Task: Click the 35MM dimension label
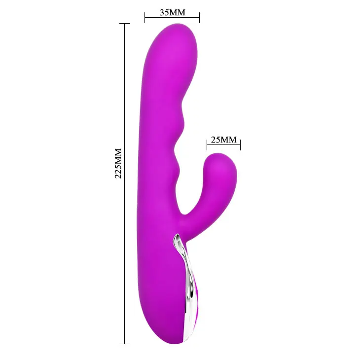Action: [172, 12]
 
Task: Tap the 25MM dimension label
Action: [223, 140]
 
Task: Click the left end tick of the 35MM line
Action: [144, 19]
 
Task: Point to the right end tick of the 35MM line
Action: [199, 19]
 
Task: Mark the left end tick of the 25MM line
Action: [207, 144]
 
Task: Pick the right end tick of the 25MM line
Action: [240, 144]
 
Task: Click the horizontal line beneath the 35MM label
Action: [172, 19]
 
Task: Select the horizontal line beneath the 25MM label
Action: [223, 144]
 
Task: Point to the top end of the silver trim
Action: [177, 239]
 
